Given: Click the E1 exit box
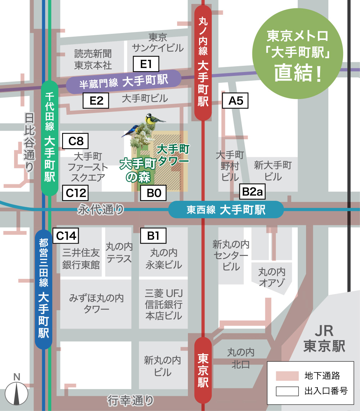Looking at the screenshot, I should click(146, 64).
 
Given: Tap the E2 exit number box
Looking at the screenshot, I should click(96, 101).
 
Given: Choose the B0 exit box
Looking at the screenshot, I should click(153, 193).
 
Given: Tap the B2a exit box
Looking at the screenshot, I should click(252, 192).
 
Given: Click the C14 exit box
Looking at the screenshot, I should click(66, 236).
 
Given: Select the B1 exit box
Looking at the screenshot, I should click(153, 236).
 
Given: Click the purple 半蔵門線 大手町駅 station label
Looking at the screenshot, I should click(123, 82).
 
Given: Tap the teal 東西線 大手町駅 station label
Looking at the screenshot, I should click(226, 209).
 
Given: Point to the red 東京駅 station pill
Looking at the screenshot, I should click(203, 371).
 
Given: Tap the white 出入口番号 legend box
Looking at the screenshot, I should click(287, 391).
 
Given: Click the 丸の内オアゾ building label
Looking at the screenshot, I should click(272, 276).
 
